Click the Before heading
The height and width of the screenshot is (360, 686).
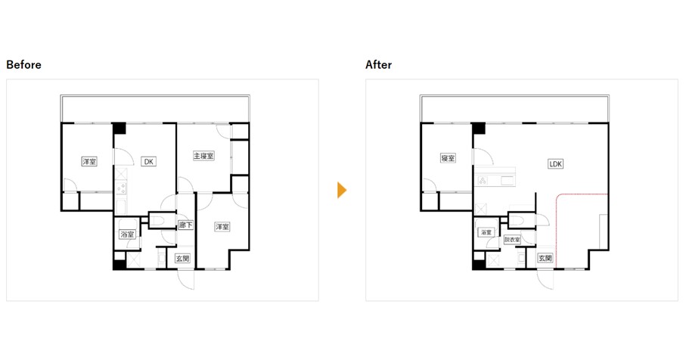(23, 65)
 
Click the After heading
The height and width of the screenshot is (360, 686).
(378, 65)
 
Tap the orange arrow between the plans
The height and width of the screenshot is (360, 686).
(342, 191)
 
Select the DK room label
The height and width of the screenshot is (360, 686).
(149, 161)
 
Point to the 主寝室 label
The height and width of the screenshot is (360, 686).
(203, 156)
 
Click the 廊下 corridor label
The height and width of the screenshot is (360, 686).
(185, 225)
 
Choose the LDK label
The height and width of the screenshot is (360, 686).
(555, 164)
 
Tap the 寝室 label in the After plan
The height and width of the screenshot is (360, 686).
(448, 158)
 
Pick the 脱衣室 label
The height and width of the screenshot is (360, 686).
(512, 240)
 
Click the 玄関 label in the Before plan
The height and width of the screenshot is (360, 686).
(182, 259)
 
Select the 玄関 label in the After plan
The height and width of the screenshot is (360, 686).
(545, 258)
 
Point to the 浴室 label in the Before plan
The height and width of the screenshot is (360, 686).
(127, 234)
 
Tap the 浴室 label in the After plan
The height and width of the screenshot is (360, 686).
(486, 232)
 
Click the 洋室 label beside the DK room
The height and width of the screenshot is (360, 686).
(89, 161)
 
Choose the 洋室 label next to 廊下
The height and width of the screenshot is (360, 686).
(222, 227)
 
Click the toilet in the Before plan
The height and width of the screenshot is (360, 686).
(157, 220)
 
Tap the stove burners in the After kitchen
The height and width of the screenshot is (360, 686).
(483, 181)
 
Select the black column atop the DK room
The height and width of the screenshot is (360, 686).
(120, 129)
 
